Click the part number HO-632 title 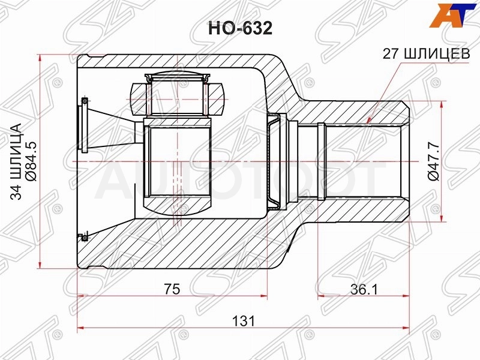click(240, 28)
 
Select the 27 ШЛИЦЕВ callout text click(427, 54)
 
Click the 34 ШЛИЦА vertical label click(16, 161)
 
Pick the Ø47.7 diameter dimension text click(434, 161)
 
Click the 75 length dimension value click(172, 289)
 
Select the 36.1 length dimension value click(364, 289)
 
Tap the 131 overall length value click(244, 321)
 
